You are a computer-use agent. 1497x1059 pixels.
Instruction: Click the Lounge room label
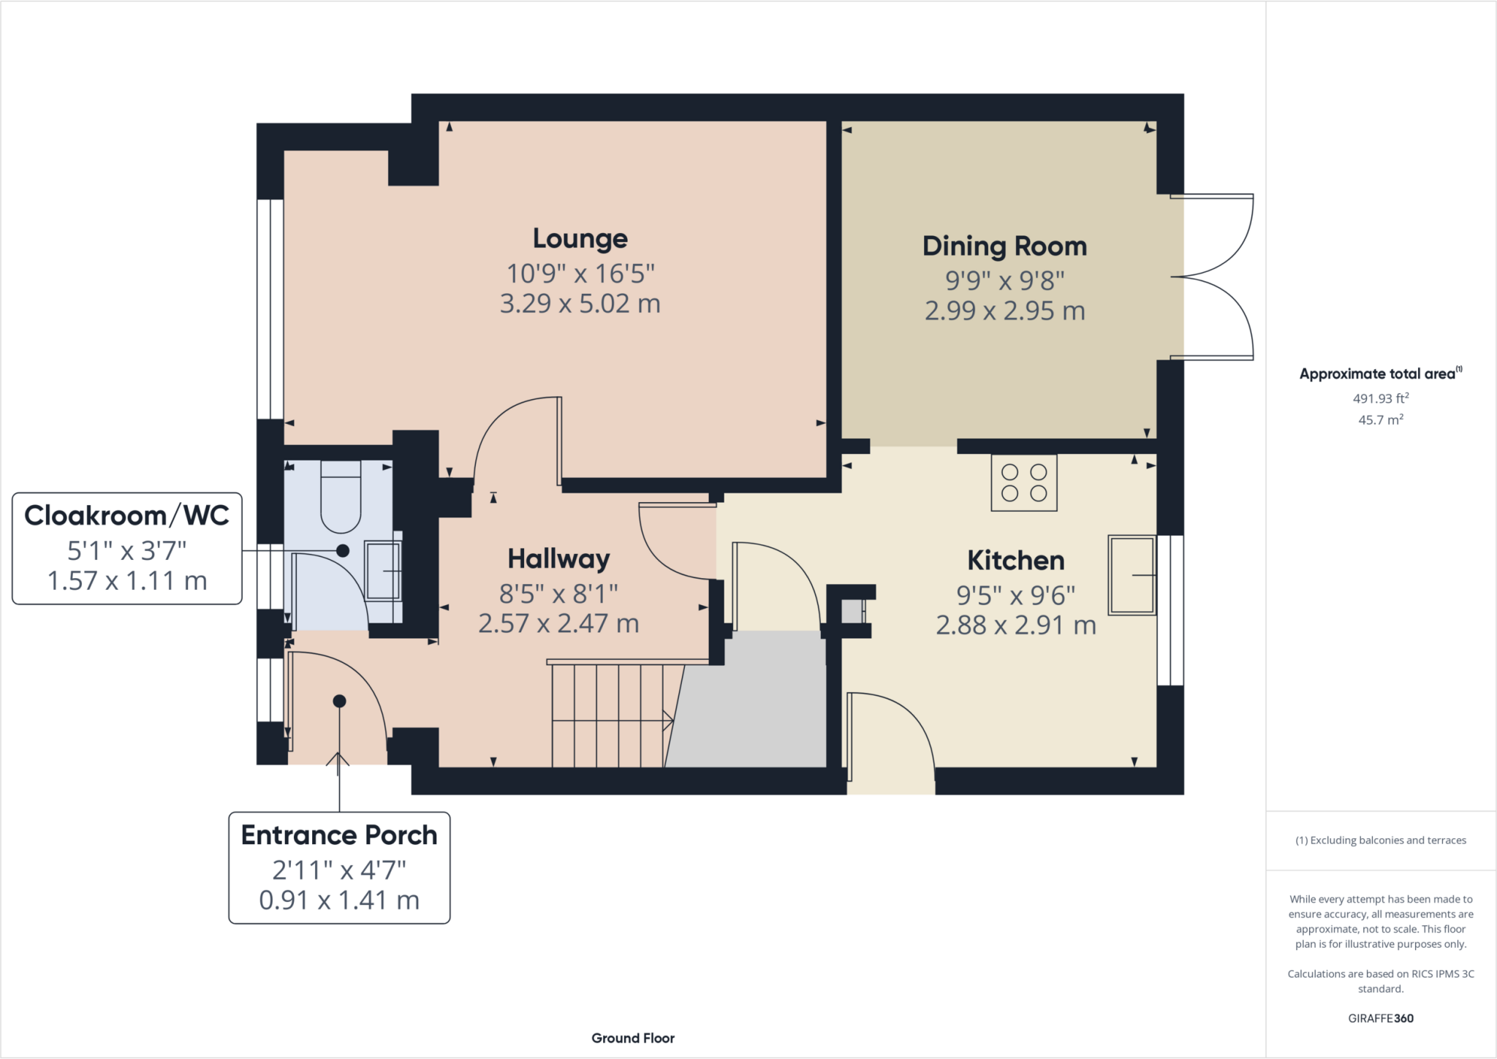(x=580, y=238)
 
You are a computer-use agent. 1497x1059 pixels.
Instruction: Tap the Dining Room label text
(x=1004, y=246)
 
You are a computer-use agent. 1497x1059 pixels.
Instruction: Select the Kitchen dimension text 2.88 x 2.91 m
(x=1015, y=625)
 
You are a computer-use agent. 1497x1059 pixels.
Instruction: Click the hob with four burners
(x=1023, y=482)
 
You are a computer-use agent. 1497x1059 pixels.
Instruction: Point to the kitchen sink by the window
(x=1132, y=575)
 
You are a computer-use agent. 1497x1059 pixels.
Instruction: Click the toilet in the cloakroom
(x=341, y=497)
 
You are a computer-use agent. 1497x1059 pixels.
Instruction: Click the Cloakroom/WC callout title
(x=126, y=515)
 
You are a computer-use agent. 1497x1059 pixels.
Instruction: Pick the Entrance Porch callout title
(x=339, y=835)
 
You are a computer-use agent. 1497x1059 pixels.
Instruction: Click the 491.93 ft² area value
(x=1380, y=398)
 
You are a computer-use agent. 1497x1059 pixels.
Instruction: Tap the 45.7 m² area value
(x=1380, y=420)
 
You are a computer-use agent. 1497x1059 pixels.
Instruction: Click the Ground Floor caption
(x=633, y=1038)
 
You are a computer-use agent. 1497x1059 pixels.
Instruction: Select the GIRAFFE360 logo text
(x=1380, y=1018)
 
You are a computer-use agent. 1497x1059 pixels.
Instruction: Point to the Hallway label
(x=558, y=559)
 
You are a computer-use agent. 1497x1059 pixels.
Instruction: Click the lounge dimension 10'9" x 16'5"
(x=580, y=273)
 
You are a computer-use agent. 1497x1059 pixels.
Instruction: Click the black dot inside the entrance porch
(x=339, y=701)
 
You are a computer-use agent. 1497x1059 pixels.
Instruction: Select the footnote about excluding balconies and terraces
(x=1380, y=840)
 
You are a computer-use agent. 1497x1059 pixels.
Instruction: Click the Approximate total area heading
(x=1379, y=373)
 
